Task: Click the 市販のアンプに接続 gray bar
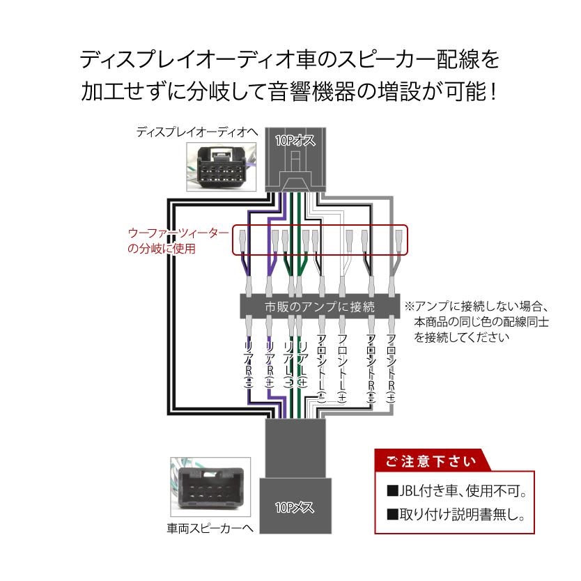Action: pos(320,306)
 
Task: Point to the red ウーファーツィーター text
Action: pos(179,234)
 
